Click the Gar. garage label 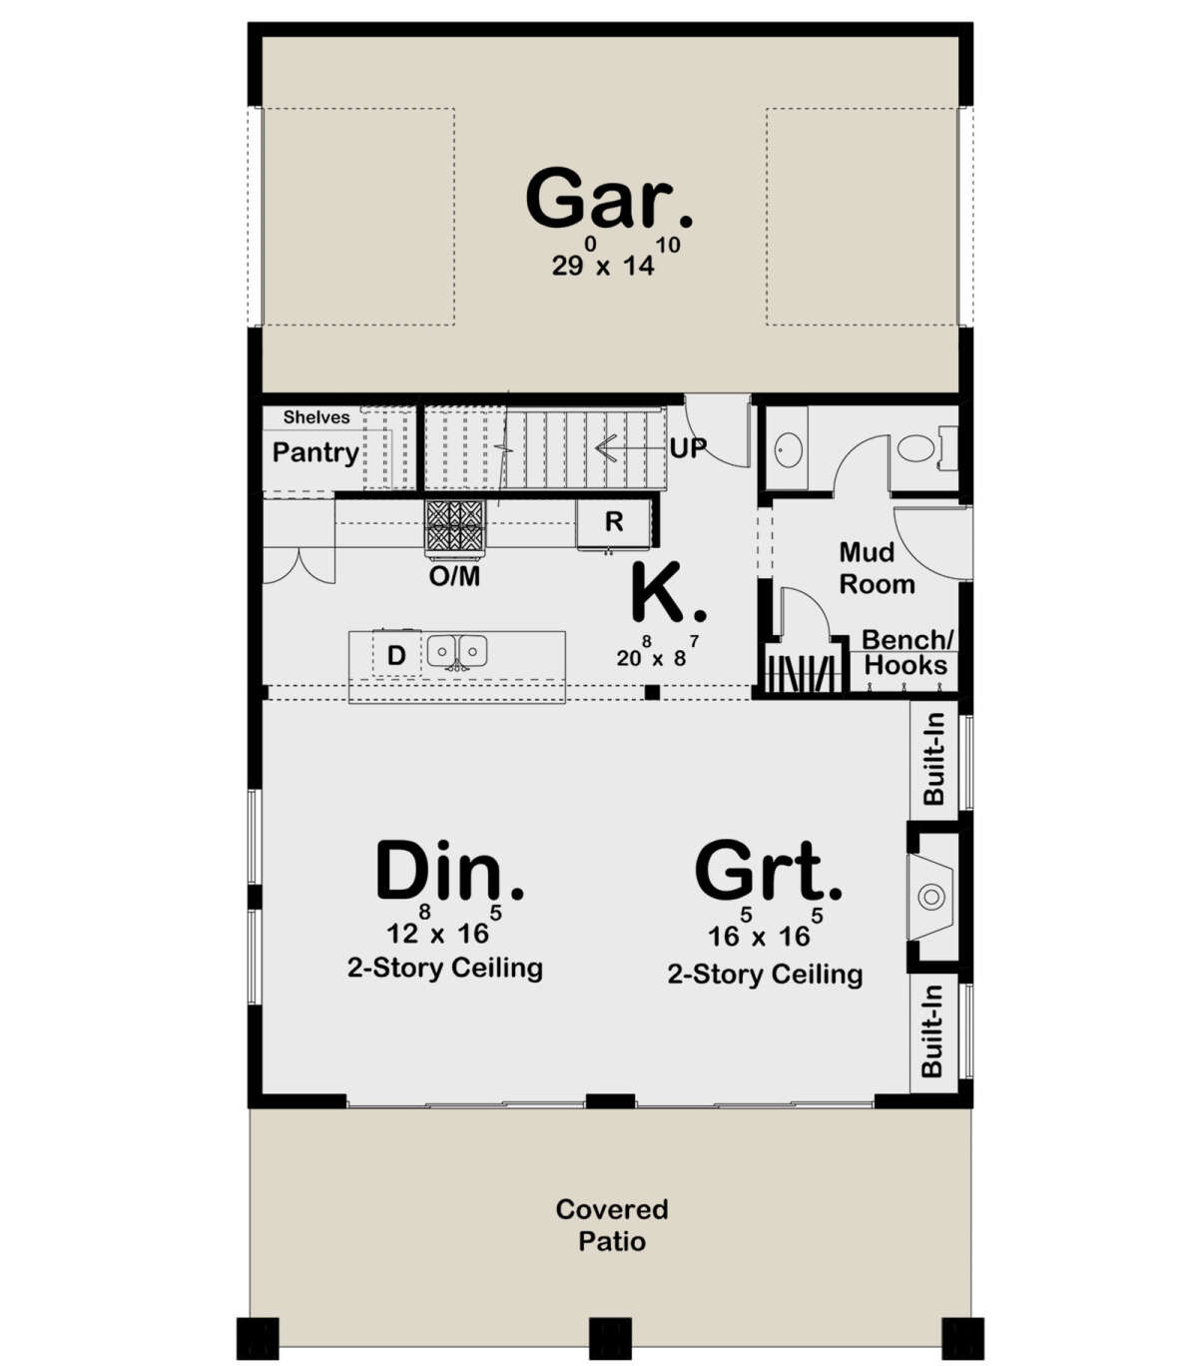point(608,200)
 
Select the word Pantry point(315,452)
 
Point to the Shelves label point(316,417)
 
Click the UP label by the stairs point(688,448)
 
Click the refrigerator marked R point(614,521)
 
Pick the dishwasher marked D point(396,656)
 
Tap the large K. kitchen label point(667,593)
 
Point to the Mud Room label point(876,568)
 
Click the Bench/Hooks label point(906,653)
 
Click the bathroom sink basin point(788,449)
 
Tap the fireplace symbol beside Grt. point(931,897)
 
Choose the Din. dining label point(449,872)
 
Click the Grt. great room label point(768,872)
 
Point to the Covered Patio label point(612,1225)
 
